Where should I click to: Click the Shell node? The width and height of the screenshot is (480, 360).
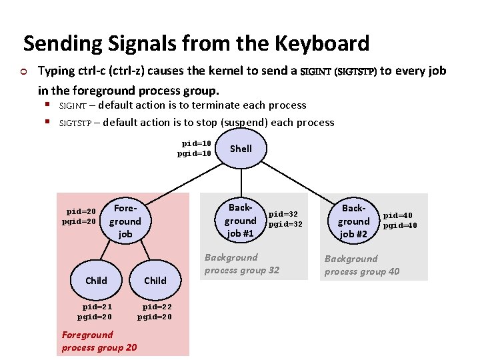[241, 149]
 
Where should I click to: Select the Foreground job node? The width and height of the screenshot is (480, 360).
[125, 221]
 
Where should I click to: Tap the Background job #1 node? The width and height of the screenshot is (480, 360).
[240, 220]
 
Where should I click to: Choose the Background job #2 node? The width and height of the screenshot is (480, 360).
[353, 221]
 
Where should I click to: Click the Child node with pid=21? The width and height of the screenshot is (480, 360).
[96, 281]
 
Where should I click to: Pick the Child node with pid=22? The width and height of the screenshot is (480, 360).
[155, 281]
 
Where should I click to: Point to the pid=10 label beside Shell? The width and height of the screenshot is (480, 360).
[197, 143]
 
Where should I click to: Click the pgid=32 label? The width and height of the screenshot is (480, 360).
[285, 225]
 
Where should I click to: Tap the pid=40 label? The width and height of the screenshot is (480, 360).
[398, 215]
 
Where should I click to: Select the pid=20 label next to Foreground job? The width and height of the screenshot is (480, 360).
[81, 212]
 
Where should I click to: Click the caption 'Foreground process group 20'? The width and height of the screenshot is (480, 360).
[99, 341]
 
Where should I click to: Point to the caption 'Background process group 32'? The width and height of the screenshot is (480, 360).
[241, 263]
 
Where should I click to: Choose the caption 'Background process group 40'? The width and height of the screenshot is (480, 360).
[361, 265]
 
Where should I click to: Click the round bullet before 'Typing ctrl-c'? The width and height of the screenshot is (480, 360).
[24, 71]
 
